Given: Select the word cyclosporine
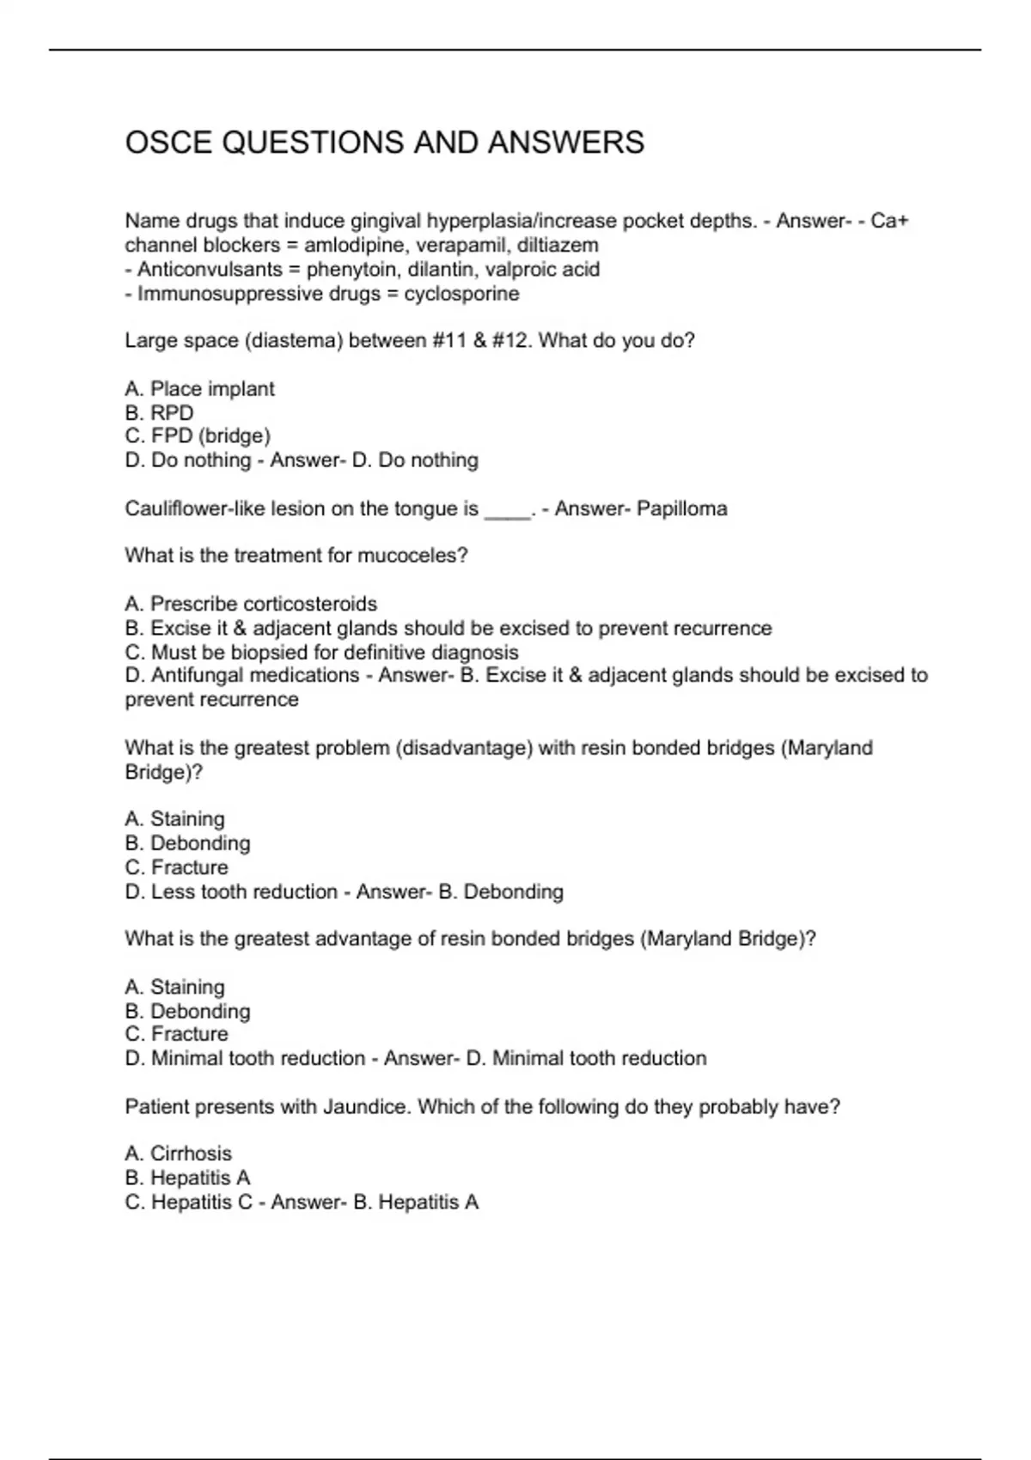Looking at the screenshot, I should coord(461,294).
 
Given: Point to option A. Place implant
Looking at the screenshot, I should coord(199,389).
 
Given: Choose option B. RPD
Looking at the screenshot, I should coord(159,413).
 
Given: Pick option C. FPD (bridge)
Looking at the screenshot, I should coord(198,436).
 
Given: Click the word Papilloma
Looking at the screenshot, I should coord(682,508).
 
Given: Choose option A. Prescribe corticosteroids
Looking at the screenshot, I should coord(251,604).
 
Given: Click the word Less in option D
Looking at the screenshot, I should coord(173,892).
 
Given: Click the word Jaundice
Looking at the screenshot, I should coord(367,1107).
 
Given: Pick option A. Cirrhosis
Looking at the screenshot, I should coord(178,1153).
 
